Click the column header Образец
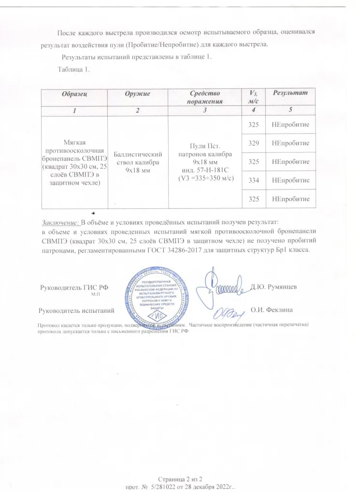click(x=74, y=93)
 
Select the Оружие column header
click(x=137, y=93)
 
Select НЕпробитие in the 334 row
click(x=290, y=180)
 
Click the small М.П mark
click(x=95, y=294)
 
